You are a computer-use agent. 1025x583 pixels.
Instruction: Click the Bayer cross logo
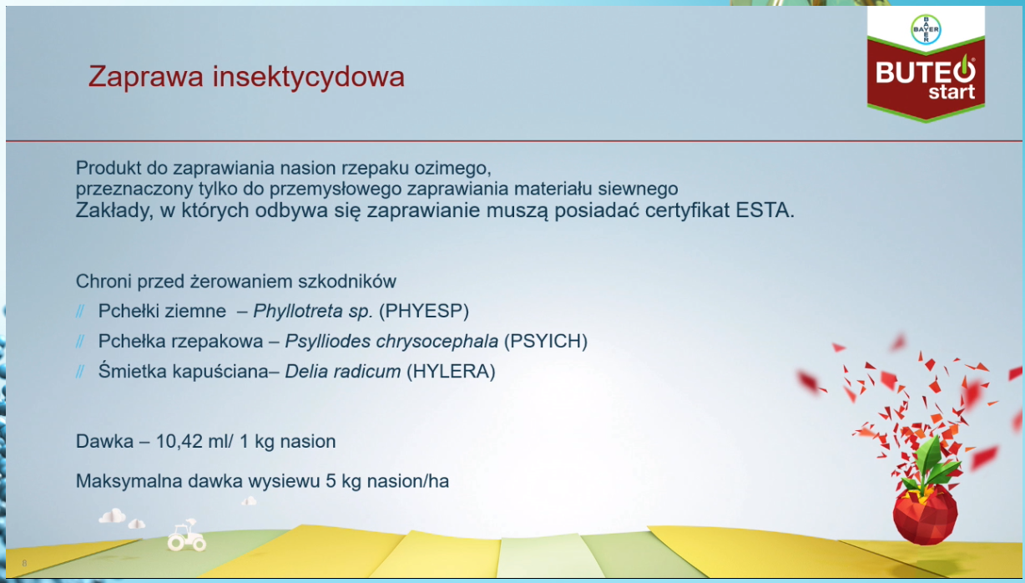(926, 29)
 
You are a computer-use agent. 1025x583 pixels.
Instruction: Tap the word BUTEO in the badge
(926, 72)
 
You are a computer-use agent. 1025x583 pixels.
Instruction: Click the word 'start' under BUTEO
(952, 93)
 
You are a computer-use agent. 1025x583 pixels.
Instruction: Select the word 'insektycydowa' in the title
(308, 77)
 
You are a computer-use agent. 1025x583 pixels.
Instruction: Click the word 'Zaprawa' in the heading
(145, 77)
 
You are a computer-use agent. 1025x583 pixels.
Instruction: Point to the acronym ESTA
(765, 210)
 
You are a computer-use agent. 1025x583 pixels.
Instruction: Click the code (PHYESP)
(424, 311)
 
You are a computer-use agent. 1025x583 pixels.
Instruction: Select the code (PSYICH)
(545, 341)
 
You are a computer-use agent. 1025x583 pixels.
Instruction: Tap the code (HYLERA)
(452, 372)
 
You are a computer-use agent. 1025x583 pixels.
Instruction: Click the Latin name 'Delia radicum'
(343, 372)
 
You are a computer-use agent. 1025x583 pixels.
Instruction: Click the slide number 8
(24, 563)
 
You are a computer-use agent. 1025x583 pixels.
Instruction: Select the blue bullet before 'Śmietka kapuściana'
(80, 372)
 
